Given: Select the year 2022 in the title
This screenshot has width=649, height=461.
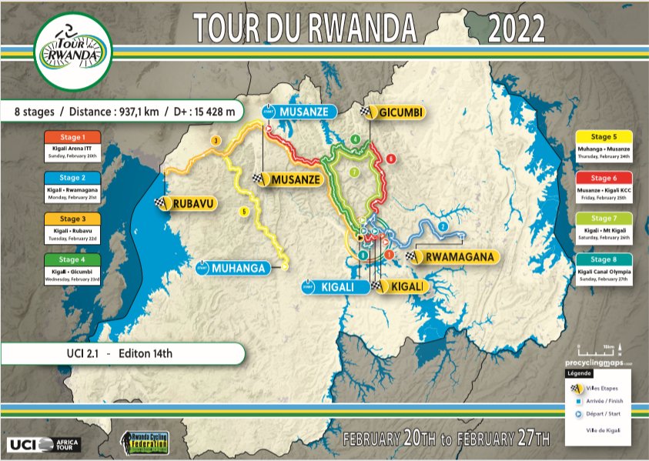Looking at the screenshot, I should click(516, 29).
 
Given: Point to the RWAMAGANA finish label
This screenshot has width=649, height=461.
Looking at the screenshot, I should click(456, 257).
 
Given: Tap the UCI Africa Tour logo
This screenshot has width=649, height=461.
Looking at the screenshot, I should click(44, 444).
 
